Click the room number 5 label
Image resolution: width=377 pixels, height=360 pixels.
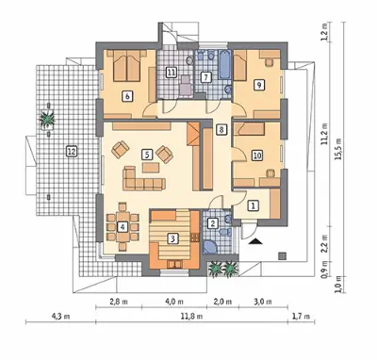coord(147,155)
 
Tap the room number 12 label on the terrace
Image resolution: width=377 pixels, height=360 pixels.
coord(72,152)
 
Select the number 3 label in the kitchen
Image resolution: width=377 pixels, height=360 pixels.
coord(172,239)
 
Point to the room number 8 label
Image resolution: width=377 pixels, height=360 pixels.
coord(221,129)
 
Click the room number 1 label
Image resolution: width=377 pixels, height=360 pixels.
coord(254,205)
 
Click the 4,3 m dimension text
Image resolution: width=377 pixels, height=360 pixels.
coord(61,317)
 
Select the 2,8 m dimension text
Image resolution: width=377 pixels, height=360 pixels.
coord(119,302)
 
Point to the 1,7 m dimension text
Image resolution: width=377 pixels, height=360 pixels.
coord(302,317)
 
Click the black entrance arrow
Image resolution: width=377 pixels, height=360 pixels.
coord(257,241)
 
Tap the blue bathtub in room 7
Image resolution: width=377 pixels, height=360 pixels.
coord(224,64)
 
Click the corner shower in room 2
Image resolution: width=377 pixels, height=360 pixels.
coord(210,247)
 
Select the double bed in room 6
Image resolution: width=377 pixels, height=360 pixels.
coord(126,66)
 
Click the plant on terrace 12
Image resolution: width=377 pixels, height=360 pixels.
coord(47,119)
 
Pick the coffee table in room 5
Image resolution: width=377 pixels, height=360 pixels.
coord(151,167)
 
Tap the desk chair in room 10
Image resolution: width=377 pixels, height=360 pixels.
coord(270,173)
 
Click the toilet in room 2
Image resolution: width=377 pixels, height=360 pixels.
coord(224,232)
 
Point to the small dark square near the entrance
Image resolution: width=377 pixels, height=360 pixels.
coord(283,256)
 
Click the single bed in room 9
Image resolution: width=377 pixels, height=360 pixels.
coord(240,65)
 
